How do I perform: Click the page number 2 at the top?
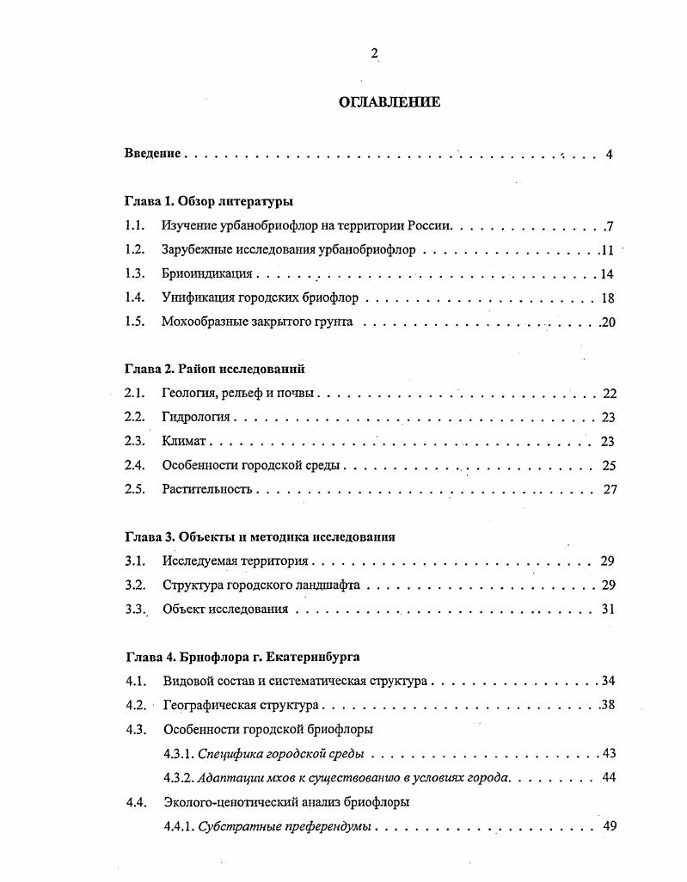(x=374, y=53)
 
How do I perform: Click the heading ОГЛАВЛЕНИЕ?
(x=390, y=102)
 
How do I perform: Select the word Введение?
(x=152, y=154)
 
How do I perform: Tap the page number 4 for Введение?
(x=609, y=155)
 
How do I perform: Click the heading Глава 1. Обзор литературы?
(x=209, y=202)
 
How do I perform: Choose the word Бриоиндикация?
(x=206, y=274)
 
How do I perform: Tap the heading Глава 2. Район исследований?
(x=215, y=370)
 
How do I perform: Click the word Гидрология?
(x=196, y=418)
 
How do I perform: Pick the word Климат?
(x=184, y=442)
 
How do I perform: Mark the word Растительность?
(x=206, y=490)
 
